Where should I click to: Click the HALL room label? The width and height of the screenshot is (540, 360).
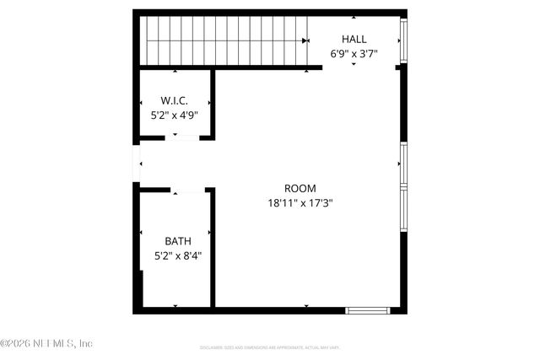354,39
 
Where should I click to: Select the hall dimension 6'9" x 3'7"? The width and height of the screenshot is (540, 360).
354,53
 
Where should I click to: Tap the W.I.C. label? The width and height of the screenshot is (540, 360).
174,101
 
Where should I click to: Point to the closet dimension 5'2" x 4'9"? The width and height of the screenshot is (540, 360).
174,116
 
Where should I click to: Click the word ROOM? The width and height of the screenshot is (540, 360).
300,188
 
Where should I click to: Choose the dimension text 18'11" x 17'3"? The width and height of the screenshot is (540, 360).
300,202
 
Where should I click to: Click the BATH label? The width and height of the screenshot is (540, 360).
177,241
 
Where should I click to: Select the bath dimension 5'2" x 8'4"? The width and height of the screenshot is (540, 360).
177,255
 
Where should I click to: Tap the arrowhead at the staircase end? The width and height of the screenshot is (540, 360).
305,40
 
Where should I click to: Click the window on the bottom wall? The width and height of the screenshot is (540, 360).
368,310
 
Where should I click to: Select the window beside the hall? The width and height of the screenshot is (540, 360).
403,39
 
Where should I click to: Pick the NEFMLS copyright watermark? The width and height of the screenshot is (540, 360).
46,343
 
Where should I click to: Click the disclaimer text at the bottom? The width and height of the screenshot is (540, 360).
269,347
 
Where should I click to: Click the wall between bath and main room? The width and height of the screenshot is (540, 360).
212,249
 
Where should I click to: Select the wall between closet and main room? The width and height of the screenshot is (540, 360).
213,103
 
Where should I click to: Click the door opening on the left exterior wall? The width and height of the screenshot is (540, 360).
136,164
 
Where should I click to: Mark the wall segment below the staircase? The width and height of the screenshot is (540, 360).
228,67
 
